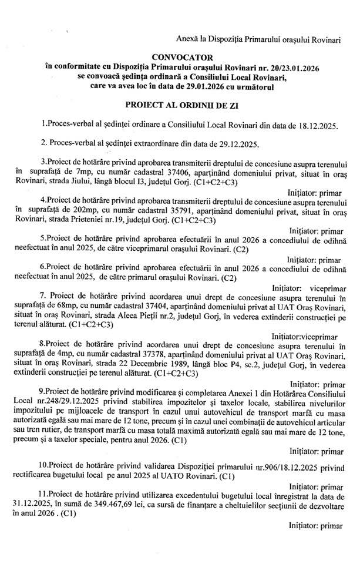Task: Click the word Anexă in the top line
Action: point(190,38)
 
